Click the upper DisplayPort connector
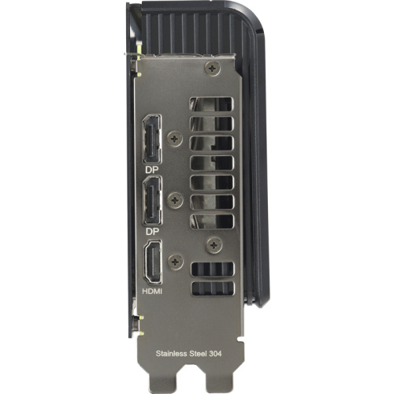(151, 139)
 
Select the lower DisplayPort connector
(151, 203)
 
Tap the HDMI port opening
(152, 265)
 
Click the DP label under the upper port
(151, 169)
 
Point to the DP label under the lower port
(151, 232)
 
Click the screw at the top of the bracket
(211, 70)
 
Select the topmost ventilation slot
(211, 104)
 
